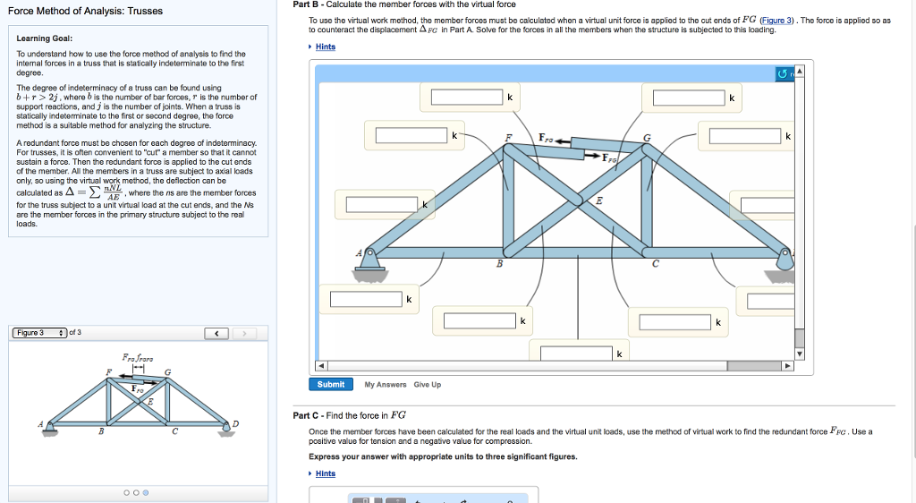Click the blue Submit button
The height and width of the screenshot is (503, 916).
[331, 384]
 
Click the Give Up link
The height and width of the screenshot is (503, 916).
[427, 385]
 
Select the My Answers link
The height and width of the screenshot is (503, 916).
[386, 385]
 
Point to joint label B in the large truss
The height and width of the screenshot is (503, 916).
[499, 264]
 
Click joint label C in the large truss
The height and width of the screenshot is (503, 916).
[655, 264]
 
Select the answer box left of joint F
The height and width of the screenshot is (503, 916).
[411, 135]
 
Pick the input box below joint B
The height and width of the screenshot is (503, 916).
[479, 320]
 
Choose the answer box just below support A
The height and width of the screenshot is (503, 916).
[365, 299]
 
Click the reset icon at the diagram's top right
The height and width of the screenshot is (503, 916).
[785, 72]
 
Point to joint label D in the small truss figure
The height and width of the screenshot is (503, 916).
[237, 423]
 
